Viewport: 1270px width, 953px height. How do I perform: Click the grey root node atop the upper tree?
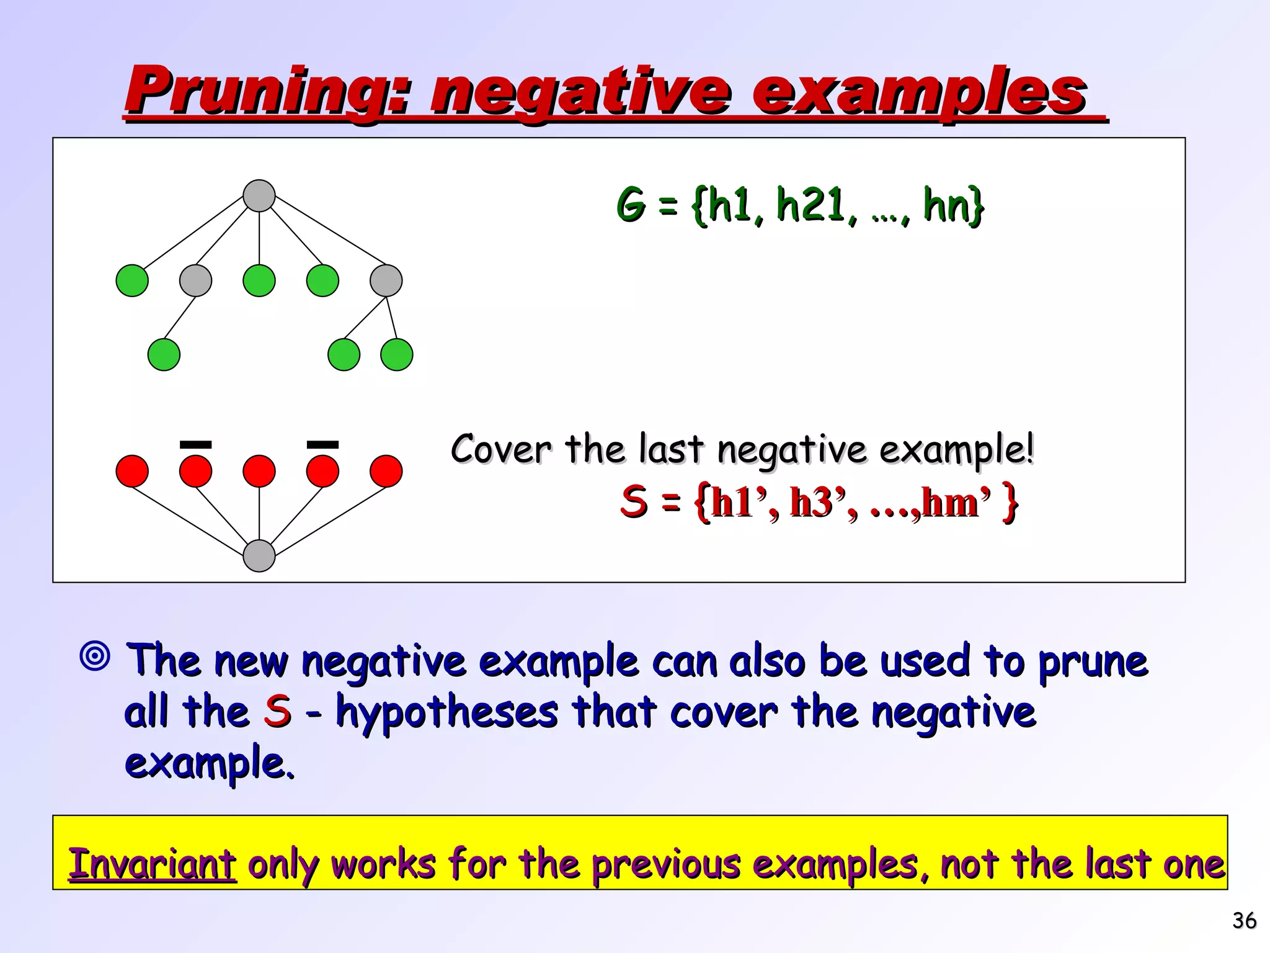tap(259, 196)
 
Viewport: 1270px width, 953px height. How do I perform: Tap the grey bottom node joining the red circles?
tap(259, 555)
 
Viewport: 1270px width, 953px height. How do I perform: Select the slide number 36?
tap(1244, 921)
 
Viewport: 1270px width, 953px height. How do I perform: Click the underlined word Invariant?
tap(152, 864)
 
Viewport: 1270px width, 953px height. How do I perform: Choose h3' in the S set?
tap(818, 503)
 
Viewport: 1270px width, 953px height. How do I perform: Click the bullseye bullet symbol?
tap(95, 655)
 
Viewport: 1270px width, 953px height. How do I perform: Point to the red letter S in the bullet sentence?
tap(277, 711)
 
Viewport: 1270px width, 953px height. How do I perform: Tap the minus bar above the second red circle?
tap(195, 444)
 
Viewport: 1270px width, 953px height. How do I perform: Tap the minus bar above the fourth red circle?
tap(322, 444)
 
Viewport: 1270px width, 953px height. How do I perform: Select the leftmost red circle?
tap(132, 472)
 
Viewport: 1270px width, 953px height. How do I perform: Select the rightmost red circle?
tap(386, 472)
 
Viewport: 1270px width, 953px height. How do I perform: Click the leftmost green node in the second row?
tap(132, 280)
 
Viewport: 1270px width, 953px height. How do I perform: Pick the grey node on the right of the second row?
tap(386, 280)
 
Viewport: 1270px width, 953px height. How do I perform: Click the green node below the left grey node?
tap(164, 355)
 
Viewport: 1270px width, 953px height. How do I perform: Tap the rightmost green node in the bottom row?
tap(397, 355)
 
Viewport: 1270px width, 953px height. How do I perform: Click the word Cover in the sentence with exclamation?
tap(500, 449)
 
